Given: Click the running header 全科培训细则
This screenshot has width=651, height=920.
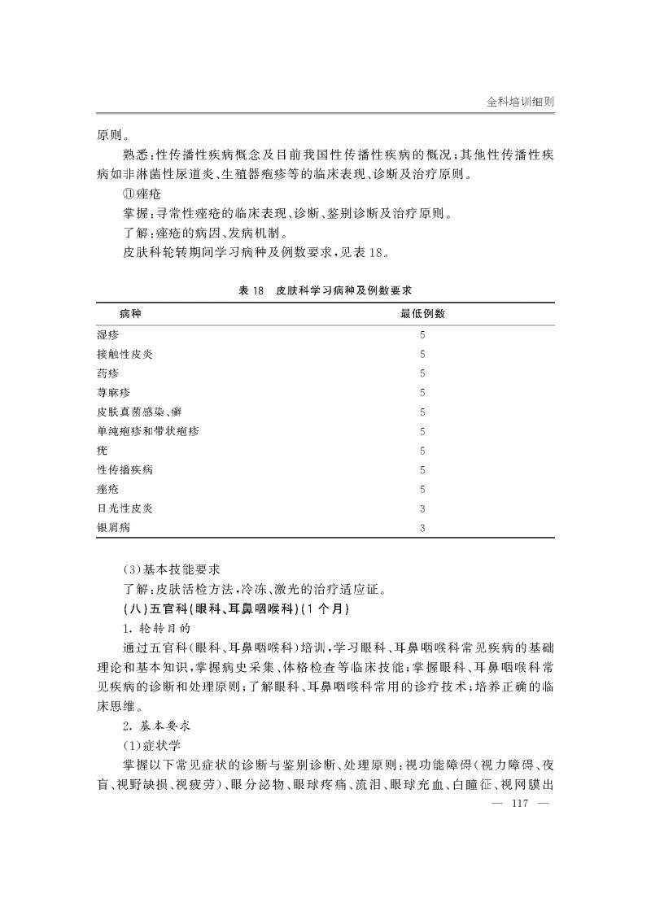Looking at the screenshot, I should coord(520,102).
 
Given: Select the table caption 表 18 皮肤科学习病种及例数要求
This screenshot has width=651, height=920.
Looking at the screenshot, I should coord(325,290).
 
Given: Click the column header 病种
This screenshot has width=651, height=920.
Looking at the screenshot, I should coord(129,313).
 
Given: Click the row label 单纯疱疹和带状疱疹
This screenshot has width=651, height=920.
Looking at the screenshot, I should coord(147,431).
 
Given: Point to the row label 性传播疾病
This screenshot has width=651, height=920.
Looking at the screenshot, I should coord(125,469).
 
